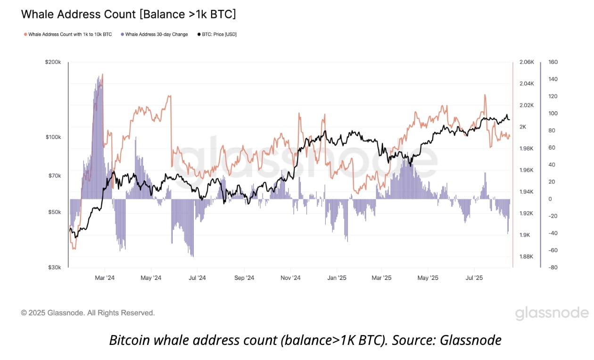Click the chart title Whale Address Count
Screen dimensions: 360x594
coord(128,14)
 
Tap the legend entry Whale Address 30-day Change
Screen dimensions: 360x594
coord(155,34)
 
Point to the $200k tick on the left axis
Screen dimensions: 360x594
coord(53,62)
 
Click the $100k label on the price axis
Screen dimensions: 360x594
coord(53,137)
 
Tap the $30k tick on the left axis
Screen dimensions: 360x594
coord(54,268)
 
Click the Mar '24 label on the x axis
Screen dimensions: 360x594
coord(105,278)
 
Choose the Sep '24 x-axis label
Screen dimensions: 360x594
coord(244,278)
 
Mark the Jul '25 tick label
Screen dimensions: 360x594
coord(474,278)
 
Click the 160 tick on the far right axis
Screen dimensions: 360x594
coord(553,62)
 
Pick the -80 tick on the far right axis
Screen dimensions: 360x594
coord(553,268)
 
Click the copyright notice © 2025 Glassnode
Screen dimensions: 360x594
coord(88,313)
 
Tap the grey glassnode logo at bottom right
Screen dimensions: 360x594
coord(552,313)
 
